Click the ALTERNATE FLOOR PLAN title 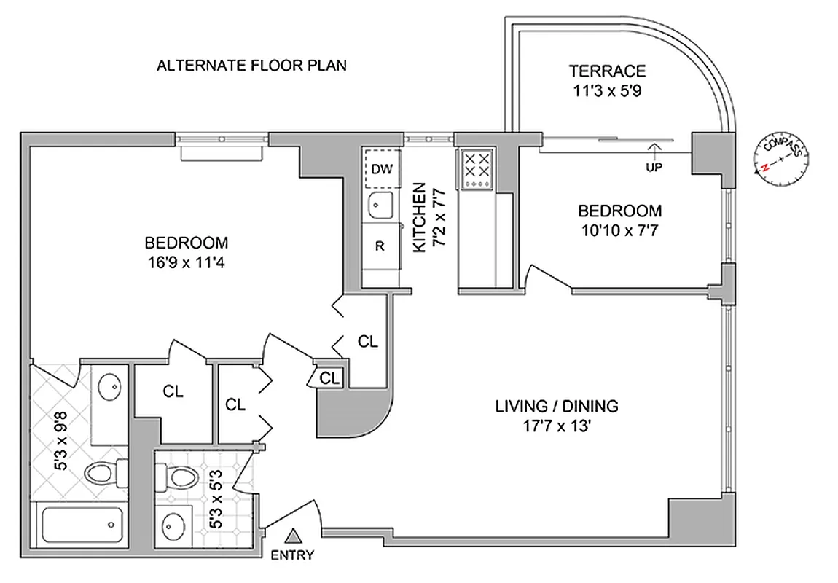pos(251,66)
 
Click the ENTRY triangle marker pos(293,538)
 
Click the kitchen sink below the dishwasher pos(380,206)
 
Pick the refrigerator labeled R pos(380,246)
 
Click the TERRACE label pos(607,71)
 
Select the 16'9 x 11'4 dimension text pos(186,262)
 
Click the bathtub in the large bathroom pos(80,524)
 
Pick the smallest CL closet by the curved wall pos(329,377)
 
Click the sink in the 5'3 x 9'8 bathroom pos(110,386)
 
